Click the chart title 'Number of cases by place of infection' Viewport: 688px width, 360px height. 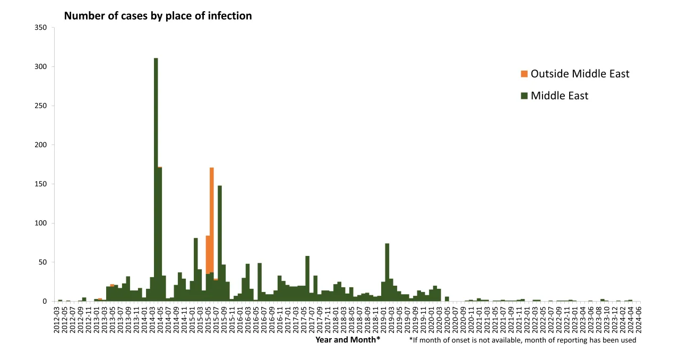coord(158,16)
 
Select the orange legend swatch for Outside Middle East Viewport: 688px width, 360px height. coord(524,74)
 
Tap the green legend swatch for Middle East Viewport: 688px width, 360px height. coord(524,96)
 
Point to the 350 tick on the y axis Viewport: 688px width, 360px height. coord(41,28)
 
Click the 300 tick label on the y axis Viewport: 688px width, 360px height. coord(41,67)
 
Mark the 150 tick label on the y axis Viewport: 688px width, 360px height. coord(41,184)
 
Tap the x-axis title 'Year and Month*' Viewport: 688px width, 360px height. coord(348,340)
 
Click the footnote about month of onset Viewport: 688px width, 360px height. coord(522,340)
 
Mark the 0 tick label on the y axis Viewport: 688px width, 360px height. coord(45,302)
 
